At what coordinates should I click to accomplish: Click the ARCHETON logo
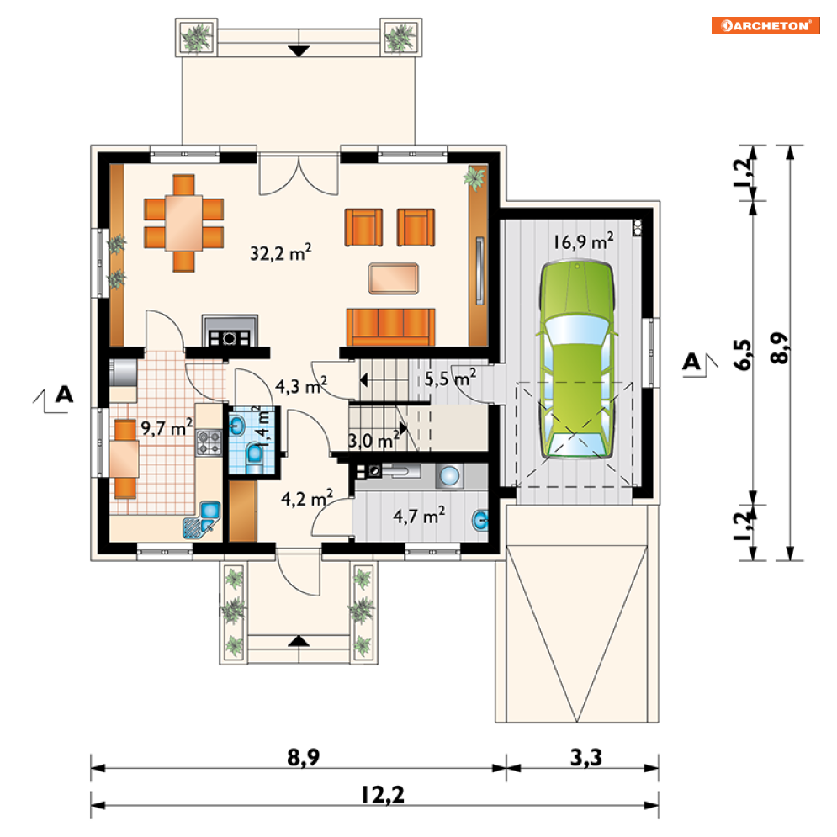[x=765, y=25]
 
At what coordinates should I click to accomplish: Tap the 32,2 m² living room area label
[x=281, y=252]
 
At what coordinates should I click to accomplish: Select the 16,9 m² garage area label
[x=583, y=241]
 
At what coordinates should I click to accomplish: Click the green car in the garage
[x=576, y=359]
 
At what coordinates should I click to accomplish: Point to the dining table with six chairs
[x=183, y=223]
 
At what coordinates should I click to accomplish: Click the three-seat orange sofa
[x=391, y=327]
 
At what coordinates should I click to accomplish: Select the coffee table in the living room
[x=394, y=278]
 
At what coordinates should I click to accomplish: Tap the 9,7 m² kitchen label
[x=167, y=427]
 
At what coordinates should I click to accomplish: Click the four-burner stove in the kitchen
[x=209, y=442]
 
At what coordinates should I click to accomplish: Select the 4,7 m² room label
[x=419, y=516]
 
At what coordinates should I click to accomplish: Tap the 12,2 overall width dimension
[x=383, y=794]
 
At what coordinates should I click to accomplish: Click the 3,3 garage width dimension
[x=586, y=757]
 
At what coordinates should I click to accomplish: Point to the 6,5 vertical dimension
[x=743, y=354]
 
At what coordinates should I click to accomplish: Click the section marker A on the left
[x=64, y=395]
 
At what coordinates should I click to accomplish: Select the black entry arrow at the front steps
[x=299, y=640]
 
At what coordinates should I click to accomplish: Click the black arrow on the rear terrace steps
[x=299, y=51]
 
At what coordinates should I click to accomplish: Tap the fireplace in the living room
[x=230, y=331]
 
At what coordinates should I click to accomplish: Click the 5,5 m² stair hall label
[x=450, y=379]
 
